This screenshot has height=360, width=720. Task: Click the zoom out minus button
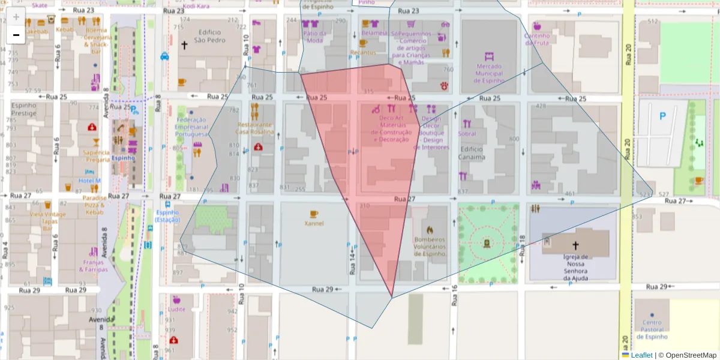(x=16, y=35)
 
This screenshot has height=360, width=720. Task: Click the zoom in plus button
(x=16, y=17)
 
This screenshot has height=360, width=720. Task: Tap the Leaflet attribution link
(x=641, y=355)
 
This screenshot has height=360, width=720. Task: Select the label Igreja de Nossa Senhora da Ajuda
(x=575, y=267)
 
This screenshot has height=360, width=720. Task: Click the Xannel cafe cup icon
(x=314, y=214)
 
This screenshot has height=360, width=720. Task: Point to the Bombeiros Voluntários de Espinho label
(x=430, y=246)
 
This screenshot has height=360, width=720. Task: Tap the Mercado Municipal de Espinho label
(x=489, y=73)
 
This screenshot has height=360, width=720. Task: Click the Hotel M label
(x=89, y=181)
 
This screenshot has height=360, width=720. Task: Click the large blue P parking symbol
(x=662, y=116)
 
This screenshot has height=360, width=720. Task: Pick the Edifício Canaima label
(x=472, y=153)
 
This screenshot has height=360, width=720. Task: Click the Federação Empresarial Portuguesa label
(x=191, y=127)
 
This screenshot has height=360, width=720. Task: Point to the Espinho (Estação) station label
(x=167, y=216)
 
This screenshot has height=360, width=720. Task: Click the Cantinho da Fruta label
(x=537, y=39)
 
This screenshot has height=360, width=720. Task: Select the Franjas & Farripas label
(x=93, y=266)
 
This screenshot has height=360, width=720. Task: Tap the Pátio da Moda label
(x=314, y=37)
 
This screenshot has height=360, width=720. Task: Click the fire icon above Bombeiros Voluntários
(x=430, y=229)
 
